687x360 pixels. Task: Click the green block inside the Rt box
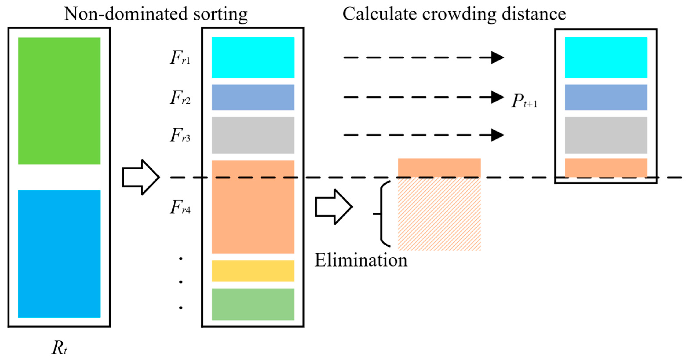[x=59, y=101]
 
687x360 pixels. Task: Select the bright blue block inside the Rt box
[x=59, y=254]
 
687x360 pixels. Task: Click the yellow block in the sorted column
[x=253, y=271]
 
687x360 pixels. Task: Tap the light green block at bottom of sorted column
[x=253, y=304]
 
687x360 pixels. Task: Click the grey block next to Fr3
[x=253, y=135]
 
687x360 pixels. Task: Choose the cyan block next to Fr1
[x=253, y=58]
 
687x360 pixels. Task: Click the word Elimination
[x=361, y=260]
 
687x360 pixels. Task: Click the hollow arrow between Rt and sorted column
[x=141, y=177]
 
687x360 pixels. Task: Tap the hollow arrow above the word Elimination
[x=334, y=207]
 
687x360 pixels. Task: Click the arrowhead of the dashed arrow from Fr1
[x=497, y=58]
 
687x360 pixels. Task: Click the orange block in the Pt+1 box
[x=606, y=168]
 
